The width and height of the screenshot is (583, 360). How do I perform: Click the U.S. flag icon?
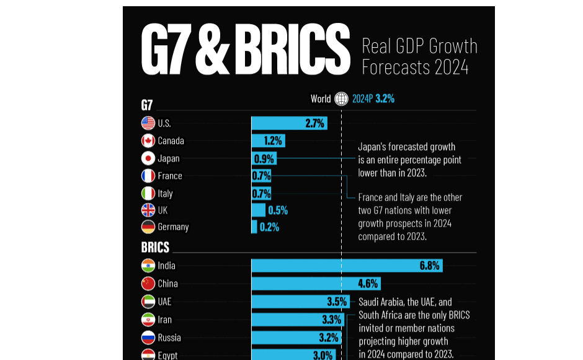pyautogui.click(x=148, y=123)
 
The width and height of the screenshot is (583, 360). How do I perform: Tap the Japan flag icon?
pyautogui.click(x=148, y=158)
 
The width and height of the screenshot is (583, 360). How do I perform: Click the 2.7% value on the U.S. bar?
pyautogui.click(x=315, y=123)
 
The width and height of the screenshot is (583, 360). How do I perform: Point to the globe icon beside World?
pyautogui.click(x=341, y=99)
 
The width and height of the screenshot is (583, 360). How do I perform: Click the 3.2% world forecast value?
pyautogui.click(x=385, y=99)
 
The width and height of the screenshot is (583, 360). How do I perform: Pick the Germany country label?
pyautogui.click(x=173, y=227)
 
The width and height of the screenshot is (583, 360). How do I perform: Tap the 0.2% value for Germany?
pyautogui.click(x=269, y=227)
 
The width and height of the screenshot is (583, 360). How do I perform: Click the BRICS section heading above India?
pyautogui.click(x=155, y=248)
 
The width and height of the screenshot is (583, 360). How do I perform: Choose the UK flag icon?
pyautogui.click(x=148, y=210)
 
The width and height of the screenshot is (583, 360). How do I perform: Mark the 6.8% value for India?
pyautogui.click(x=429, y=266)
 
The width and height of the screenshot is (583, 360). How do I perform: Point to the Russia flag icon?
pyautogui.click(x=148, y=338)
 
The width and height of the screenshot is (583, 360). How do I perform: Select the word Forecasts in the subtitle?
pyautogui.click(x=394, y=67)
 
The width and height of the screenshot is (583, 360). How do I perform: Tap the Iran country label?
pyautogui.click(x=165, y=320)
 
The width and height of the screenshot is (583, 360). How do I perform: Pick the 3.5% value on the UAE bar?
pyautogui.click(x=337, y=302)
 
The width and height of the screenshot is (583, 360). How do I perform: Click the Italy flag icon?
pyautogui.click(x=148, y=194)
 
